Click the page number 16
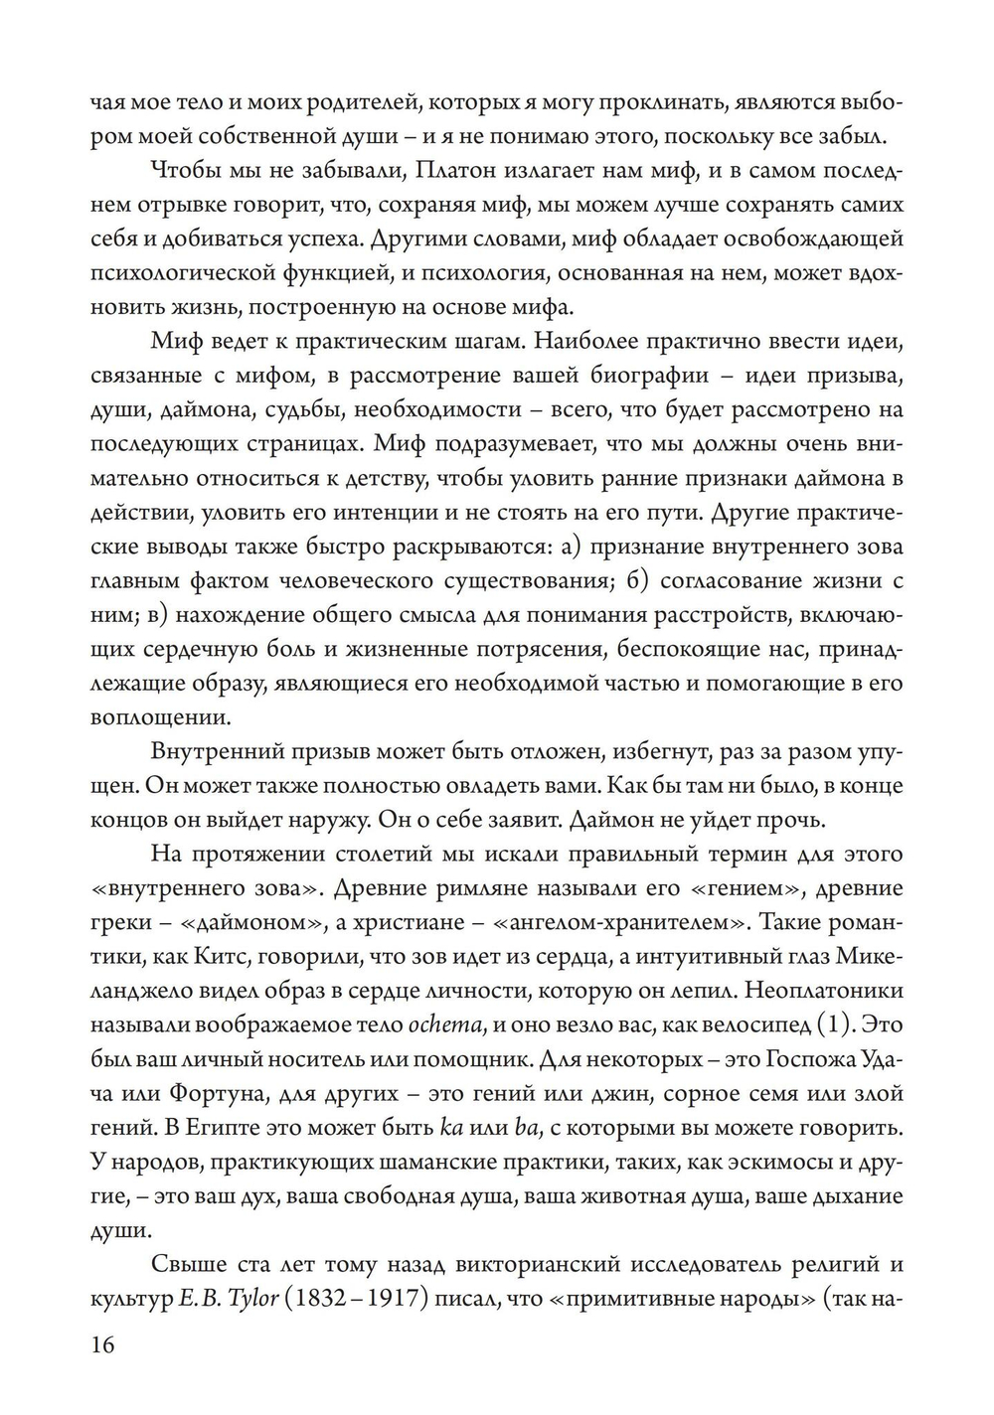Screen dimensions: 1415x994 (x=102, y=1344)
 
